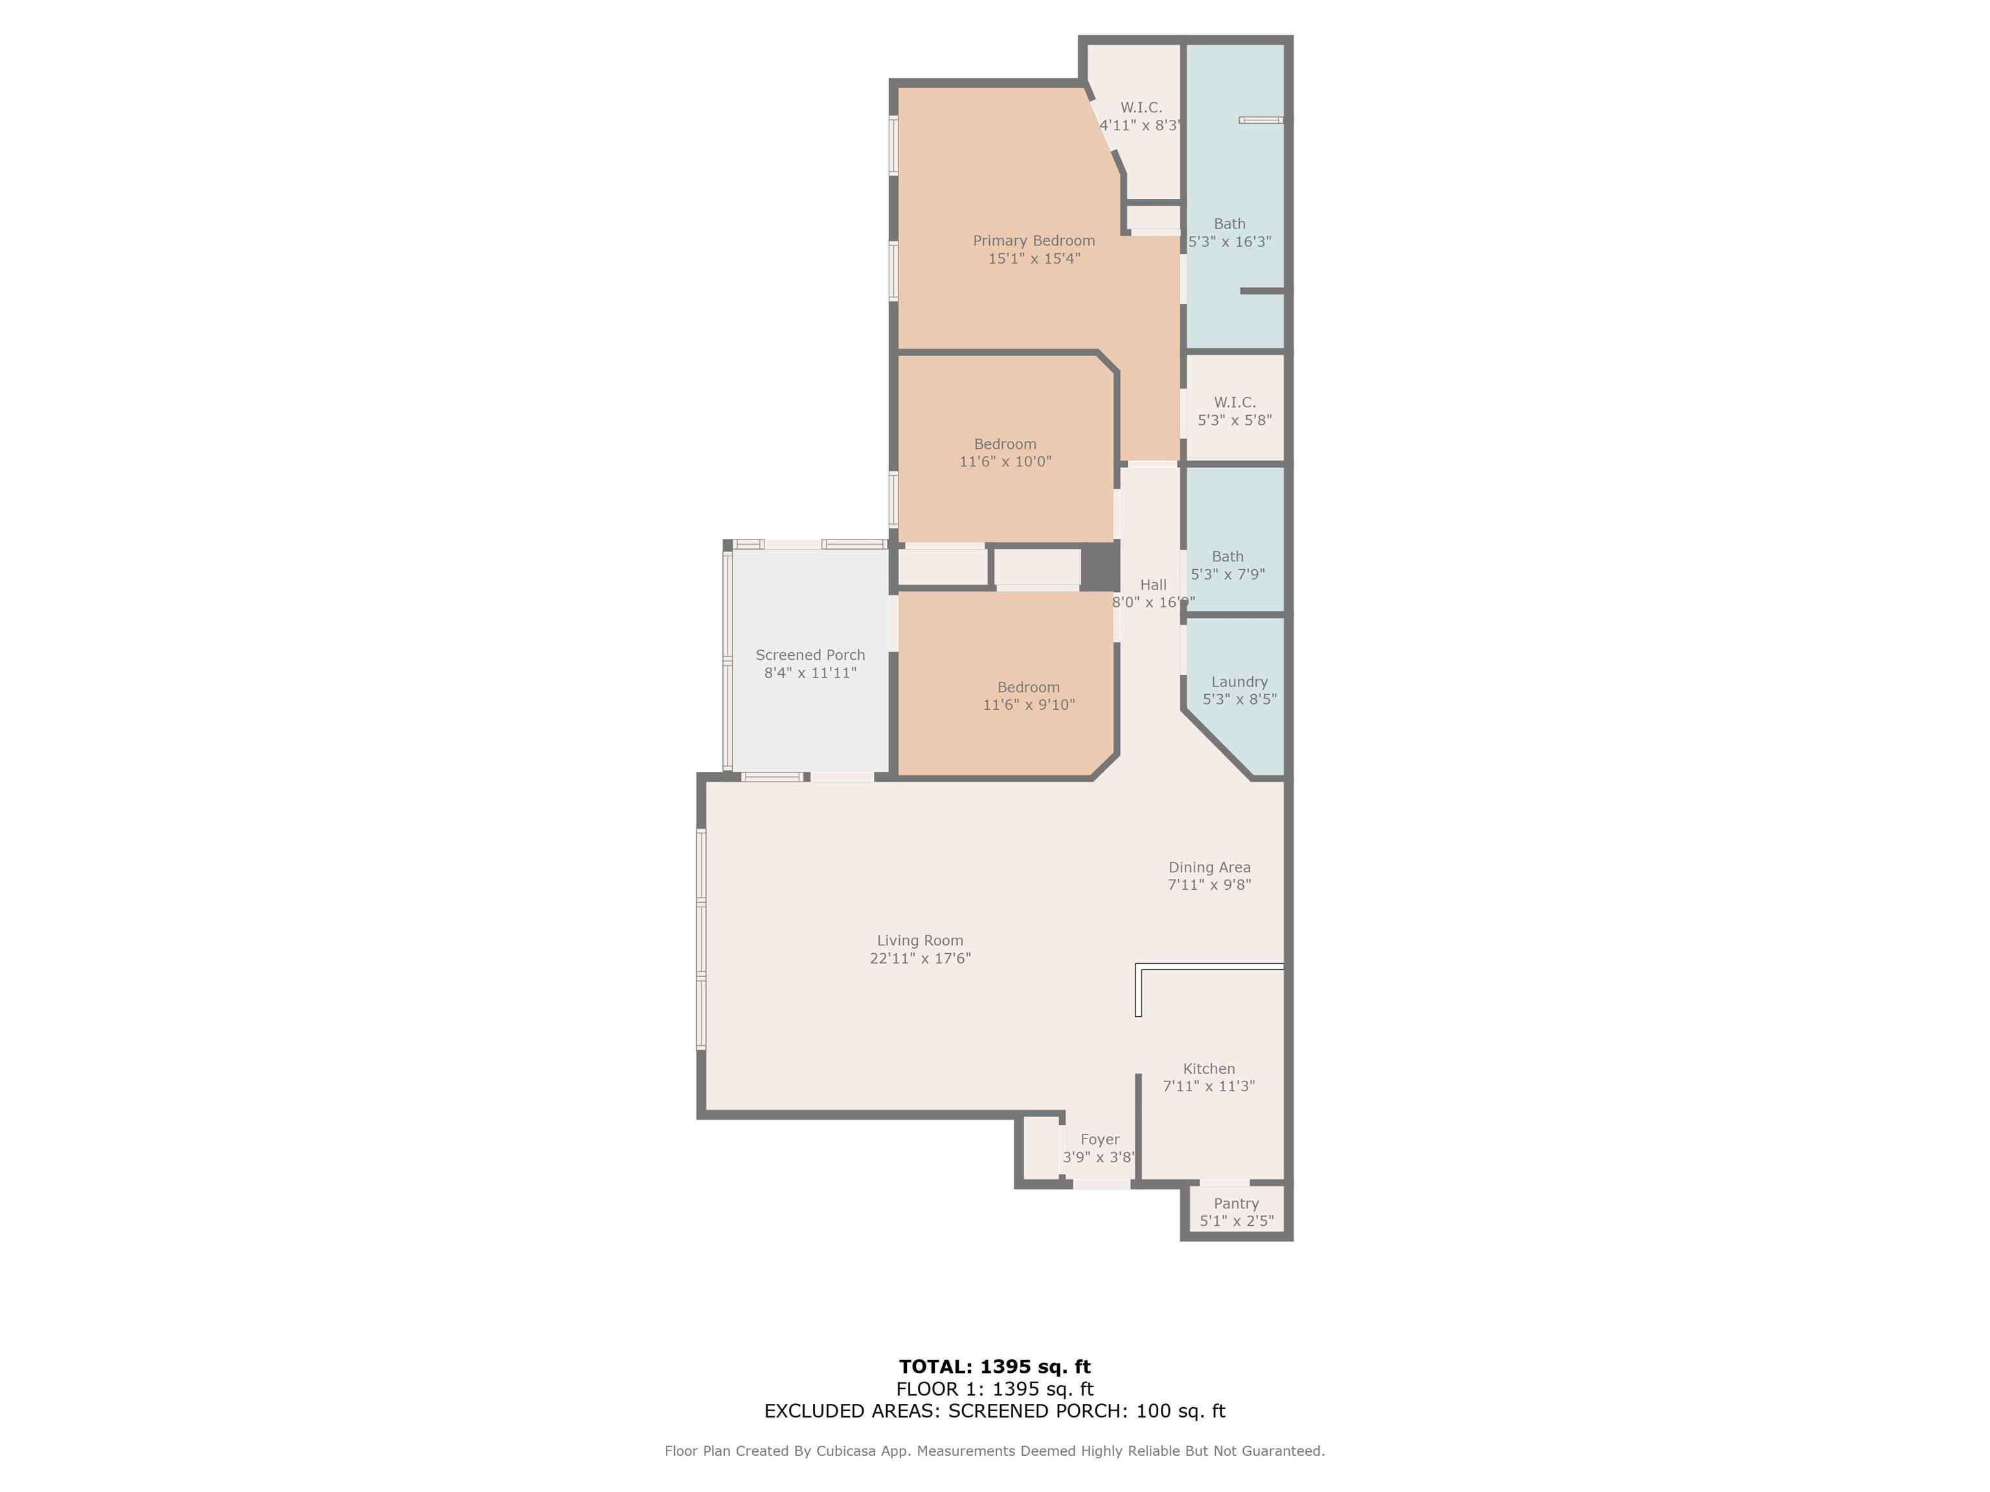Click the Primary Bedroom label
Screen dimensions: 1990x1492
coord(1034,241)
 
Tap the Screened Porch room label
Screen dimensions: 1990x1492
coord(810,655)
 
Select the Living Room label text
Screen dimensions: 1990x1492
coord(919,941)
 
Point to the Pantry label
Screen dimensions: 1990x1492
coord(1236,1203)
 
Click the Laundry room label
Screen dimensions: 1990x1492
coord(1239,682)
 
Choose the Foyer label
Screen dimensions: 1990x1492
coord(1099,1140)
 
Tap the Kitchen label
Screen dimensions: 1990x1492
coord(1208,1068)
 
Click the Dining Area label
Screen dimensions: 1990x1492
coord(1209,867)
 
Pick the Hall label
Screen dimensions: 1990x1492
coord(1152,585)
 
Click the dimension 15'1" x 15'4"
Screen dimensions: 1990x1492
coord(1034,259)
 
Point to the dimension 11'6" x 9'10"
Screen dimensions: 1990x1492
coord(1028,705)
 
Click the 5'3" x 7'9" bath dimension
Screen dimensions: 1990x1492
coord(1227,574)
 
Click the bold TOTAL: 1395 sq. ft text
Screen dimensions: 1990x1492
coord(995,1367)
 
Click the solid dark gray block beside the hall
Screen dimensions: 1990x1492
coord(1099,567)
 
